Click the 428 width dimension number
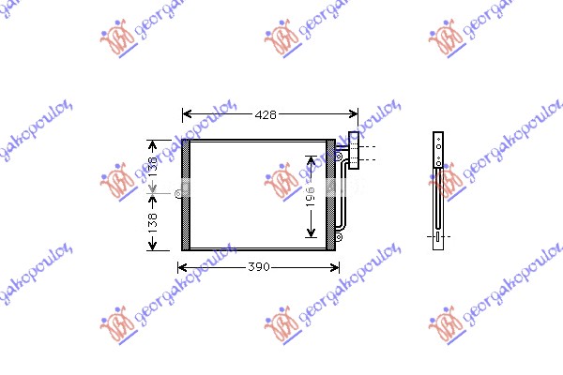[x=266, y=114]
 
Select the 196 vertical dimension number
[x=309, y=197]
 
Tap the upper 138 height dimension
[x=152, y=166]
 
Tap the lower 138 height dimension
[x=152, y=222]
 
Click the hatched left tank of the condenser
[x=185, y=195]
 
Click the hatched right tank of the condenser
[x=329, y=195]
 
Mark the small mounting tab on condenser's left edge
[x=176, y=194]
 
